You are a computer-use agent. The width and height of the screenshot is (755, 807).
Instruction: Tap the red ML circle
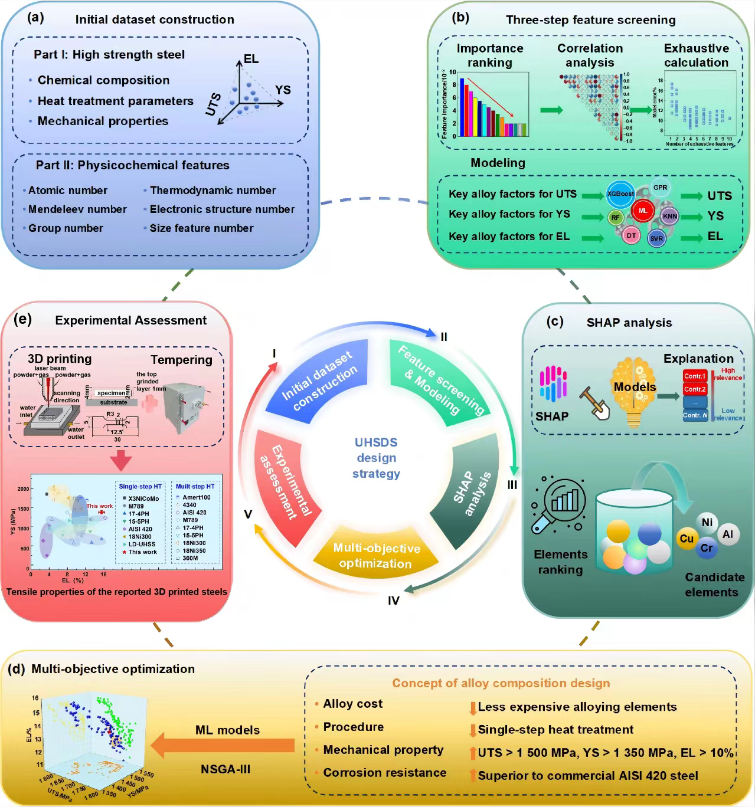coord(643,211)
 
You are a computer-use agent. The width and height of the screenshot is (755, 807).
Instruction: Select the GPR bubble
coord(660,188)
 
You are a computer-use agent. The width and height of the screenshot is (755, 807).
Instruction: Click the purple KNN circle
coord(669,216)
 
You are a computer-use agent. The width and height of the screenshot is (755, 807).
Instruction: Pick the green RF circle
coord(615,218)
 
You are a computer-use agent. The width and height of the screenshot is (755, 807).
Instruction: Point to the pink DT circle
coord(631,235)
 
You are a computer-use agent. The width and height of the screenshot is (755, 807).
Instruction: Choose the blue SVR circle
coord(656,238)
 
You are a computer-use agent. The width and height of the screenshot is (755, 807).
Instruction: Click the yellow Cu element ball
coord(687,539)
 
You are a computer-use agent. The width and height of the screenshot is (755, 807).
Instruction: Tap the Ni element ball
coord(707,522)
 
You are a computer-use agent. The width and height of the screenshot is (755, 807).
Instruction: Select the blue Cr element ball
coord(706,548)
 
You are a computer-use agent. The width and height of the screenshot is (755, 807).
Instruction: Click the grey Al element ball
coord(727,534)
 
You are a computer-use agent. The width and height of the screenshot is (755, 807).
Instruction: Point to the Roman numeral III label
coord(512,485)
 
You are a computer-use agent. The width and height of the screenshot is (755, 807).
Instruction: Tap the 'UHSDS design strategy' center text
coord(376,458)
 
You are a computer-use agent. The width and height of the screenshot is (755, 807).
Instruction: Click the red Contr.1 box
coord(695,376)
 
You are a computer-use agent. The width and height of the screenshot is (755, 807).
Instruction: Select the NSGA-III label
coord(225,769)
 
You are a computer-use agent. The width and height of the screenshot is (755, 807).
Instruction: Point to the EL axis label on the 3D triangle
coord(251,59)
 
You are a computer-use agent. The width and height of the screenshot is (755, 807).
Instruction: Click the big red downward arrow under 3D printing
coord(121,460)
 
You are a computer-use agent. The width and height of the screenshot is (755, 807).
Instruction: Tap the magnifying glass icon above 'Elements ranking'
coord(558,507)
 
